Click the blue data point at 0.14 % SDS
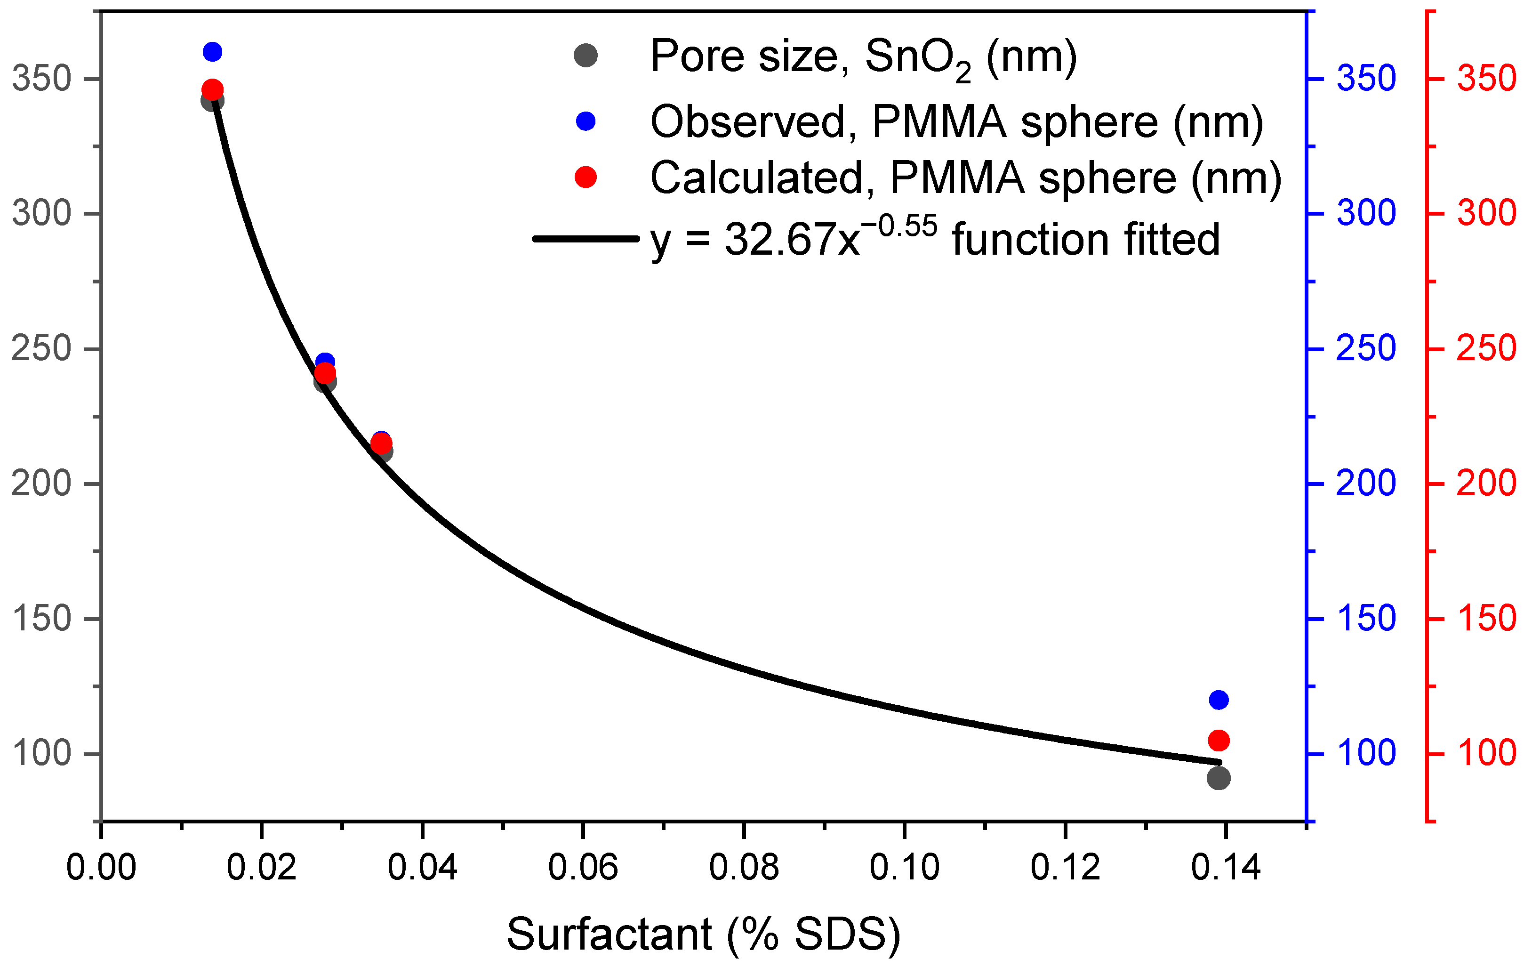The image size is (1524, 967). click(1219, 700)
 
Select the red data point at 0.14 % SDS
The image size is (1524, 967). click(1219, 740)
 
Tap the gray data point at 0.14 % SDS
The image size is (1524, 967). click(1219, 778)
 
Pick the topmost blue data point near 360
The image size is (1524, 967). click(213, 52)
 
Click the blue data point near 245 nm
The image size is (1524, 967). click(325, 361)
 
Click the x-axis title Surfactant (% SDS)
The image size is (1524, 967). click(703, 934)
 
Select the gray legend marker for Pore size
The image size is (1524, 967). click(586, 56)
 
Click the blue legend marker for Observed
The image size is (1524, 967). click(586, 121)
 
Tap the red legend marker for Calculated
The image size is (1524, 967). click(586, 177)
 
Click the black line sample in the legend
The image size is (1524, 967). click(586, 239)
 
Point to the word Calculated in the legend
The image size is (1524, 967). click(757, 178)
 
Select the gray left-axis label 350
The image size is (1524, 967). click(41, 79)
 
